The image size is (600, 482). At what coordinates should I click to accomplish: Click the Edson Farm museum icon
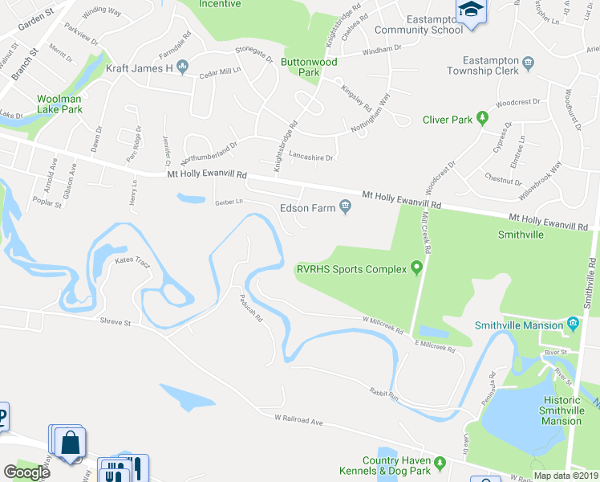pyautogui.click(x=346, y=208)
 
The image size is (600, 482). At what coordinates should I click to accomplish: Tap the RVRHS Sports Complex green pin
pyautogui.click(x=416, y=268)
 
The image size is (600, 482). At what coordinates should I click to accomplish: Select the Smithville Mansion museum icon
pyautogui.click(x=573, y=325)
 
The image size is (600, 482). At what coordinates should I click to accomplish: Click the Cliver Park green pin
pyautogui.click(x=482, y=120)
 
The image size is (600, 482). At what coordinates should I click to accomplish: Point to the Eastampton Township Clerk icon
pyautogui.click(x=528, y=63)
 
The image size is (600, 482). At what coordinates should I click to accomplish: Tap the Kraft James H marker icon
pyautogui.click(x=184, y=68)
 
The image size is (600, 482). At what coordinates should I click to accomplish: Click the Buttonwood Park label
pyautogui.click(x=309, y=67)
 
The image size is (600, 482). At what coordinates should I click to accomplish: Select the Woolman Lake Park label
pyautogui.click(x=59, y=104)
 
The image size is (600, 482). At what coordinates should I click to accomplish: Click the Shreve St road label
pyautogui.click(x=115, y=321)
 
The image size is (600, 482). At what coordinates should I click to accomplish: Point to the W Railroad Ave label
pyautogui.click(x=298, y=419)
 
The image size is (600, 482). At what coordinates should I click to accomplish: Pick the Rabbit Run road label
pyautogui.click(x=383, y=394)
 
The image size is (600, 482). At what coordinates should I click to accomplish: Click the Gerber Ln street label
pyautogui.click(x=228, y=202)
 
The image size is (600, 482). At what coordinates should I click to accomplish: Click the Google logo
pyautogui.click(x=26, y=472)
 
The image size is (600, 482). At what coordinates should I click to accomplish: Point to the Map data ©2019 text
pyautogui.click(x=566, y=476)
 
